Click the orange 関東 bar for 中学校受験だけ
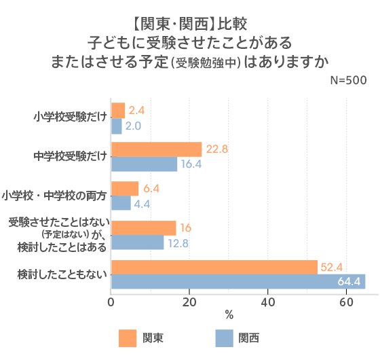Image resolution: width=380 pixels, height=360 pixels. click(x=156, y=149)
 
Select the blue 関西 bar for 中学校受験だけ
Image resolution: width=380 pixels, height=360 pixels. click(x=144, y=164)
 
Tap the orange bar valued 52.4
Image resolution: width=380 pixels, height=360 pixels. click(x=214, y=267)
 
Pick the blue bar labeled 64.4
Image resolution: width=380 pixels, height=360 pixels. click(x=237, y=282)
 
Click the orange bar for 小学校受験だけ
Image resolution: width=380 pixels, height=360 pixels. click(x=117, y=110)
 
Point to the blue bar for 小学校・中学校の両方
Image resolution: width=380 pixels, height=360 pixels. click(x=120, y=203)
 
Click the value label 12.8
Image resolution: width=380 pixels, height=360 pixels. click(x=178, y=242)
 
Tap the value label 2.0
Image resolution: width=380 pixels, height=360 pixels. click(x=133, y=126)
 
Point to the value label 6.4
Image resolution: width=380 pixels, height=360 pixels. click(x=151, y=188)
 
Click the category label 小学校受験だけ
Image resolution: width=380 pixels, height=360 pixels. click(x=71, y=117)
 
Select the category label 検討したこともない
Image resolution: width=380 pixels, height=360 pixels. click(x=62, y=274)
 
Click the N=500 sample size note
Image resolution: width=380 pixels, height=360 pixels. click(x=347, y=79)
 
